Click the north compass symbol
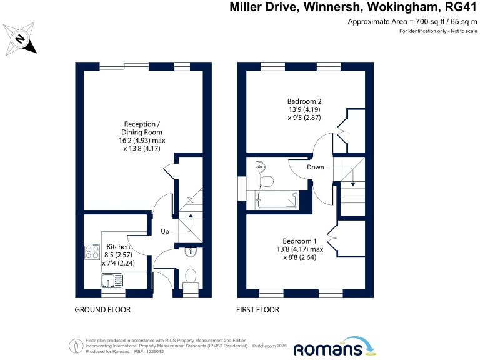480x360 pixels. [x=20, y=39]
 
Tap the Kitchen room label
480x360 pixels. [x=119, y=247]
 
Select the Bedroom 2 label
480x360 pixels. [x=304, y=101]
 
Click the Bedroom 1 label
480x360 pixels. [x=299, y=241]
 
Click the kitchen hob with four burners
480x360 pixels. [x=93, y=253]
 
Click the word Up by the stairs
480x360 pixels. [x=166, y=232]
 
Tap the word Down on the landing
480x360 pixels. [x=316, y=167]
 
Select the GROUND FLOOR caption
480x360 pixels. [x=103, y=310]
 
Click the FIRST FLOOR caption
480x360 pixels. [x=257, y=310]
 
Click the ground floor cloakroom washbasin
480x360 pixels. [x=192, y=252]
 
